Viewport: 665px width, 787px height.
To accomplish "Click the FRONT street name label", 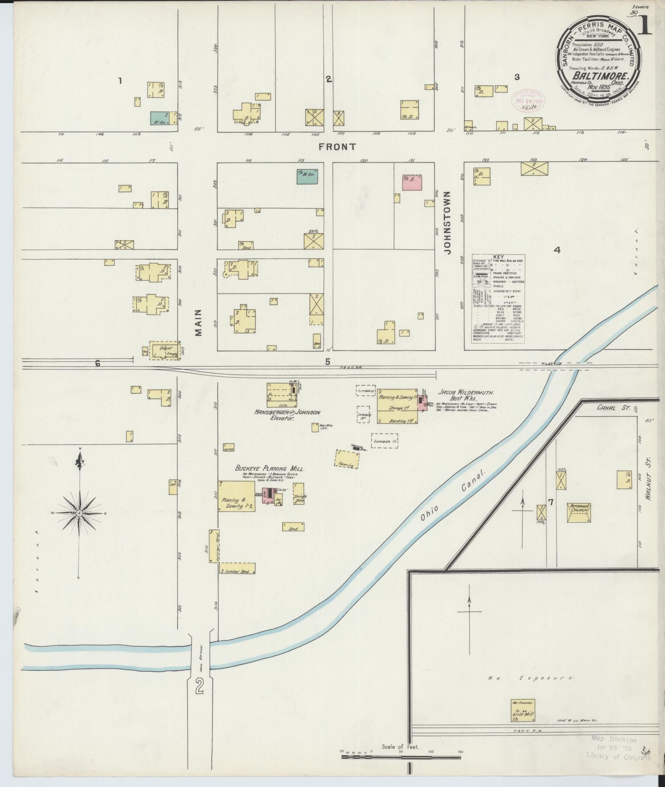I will [338, 147].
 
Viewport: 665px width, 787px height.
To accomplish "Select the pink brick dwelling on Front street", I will [412, 183].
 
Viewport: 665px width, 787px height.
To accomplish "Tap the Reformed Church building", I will [579, 513].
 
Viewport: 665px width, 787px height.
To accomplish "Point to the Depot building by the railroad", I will [164, 350].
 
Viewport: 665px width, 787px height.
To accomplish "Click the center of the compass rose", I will [80, 513].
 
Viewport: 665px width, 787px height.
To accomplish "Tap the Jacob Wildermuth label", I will [466, 392].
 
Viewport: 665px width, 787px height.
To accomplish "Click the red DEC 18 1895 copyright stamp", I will [529, 100].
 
